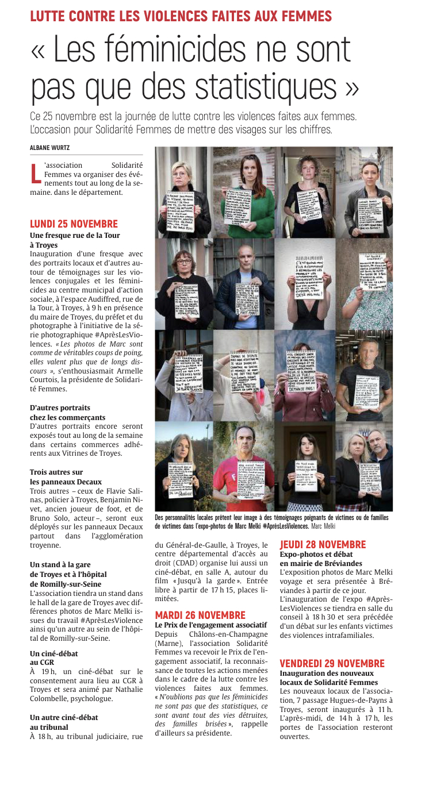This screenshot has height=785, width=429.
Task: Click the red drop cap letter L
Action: tap(36, 174)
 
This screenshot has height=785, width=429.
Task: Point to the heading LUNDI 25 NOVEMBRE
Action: tap(74, 224)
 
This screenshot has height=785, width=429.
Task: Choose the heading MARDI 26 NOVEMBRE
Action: tap(200, 615)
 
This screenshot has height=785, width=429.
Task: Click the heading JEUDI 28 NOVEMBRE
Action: tap(323, 545)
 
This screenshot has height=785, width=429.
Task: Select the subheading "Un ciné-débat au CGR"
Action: tap(53, 657)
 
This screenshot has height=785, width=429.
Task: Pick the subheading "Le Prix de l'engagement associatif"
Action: tap(211, 624)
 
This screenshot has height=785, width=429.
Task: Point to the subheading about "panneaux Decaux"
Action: tap(66, 477)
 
